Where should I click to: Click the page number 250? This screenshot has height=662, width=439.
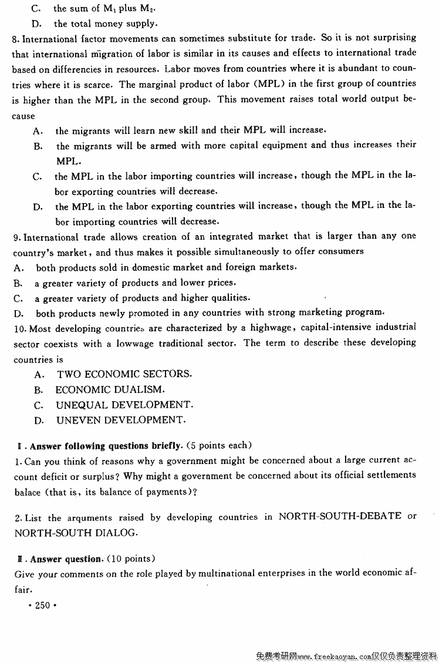point(43,605)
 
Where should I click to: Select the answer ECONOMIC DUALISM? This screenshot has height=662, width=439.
point(110,389)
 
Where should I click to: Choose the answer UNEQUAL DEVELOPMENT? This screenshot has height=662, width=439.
point(124,405)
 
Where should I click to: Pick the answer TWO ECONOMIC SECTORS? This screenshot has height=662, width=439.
point(124,374)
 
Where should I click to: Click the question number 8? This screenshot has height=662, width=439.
point(15,39)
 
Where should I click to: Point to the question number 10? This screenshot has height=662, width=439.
point(19,328)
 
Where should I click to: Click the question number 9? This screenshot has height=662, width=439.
point(15,237)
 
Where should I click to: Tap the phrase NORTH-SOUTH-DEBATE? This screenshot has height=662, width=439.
point(340,516)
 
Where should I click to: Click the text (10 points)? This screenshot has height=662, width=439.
point(131,558)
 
